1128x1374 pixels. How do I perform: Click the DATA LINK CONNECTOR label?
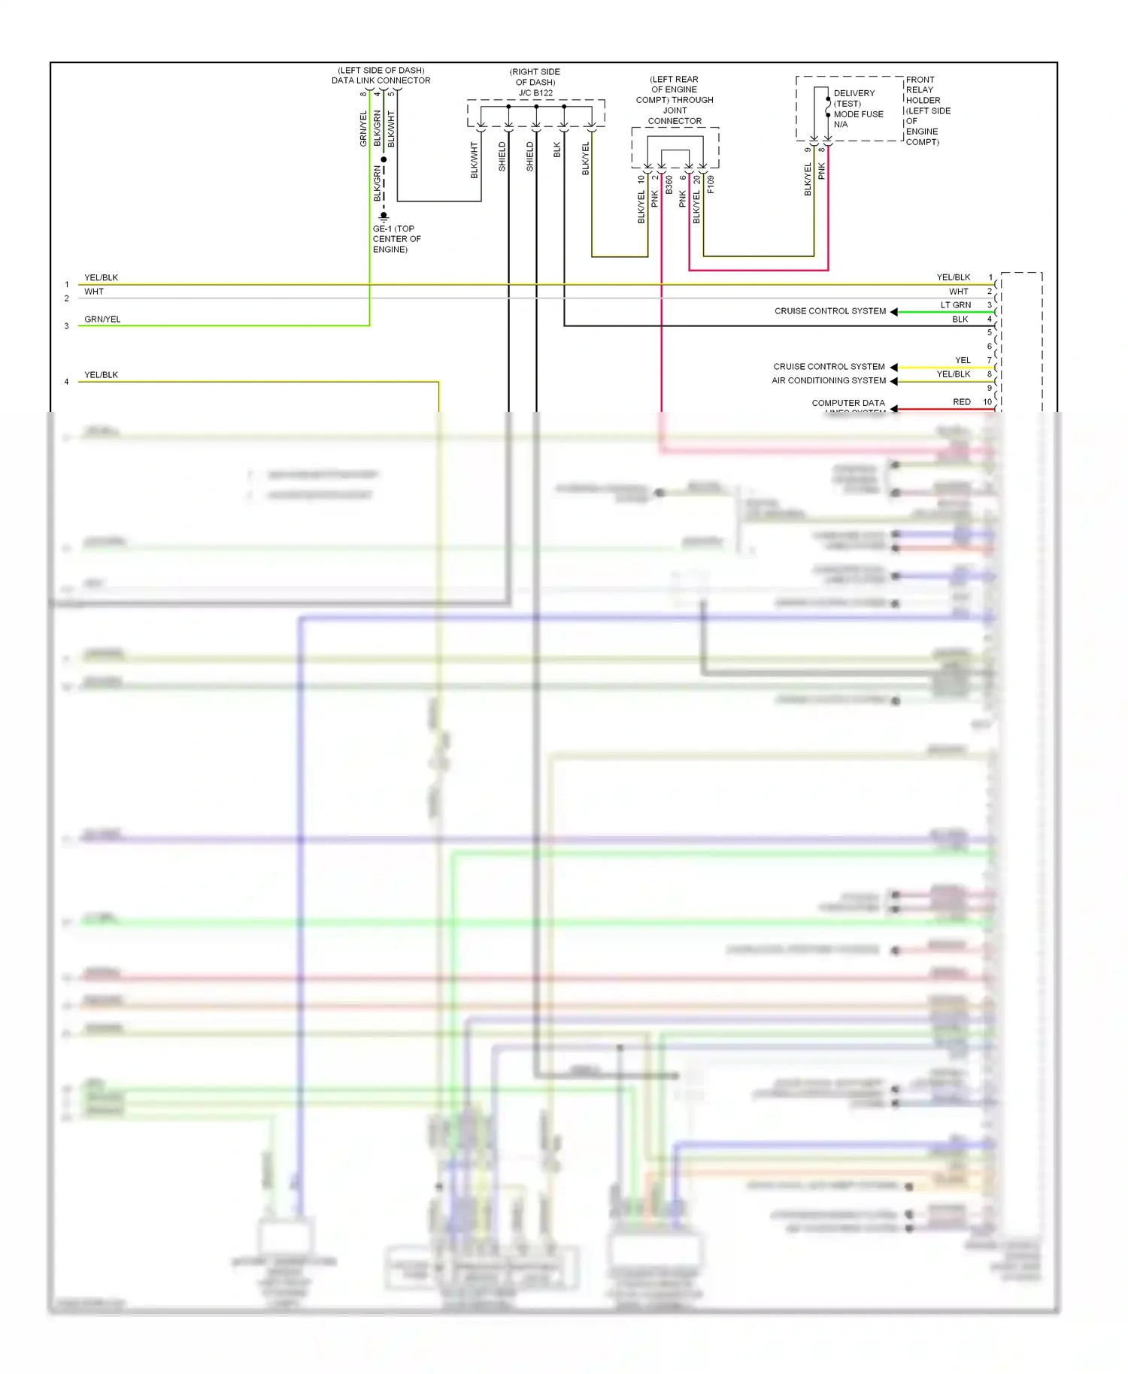381,80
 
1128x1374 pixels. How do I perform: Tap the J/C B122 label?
535,93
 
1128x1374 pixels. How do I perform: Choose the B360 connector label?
669,186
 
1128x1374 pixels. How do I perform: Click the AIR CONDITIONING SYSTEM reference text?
829,380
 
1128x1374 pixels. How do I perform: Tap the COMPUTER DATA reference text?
848,403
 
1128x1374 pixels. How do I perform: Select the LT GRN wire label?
956,305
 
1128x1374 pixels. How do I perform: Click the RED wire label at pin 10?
962,402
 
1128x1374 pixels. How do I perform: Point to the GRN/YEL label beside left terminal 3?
102,319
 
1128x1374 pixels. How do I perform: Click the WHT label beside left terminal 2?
94,292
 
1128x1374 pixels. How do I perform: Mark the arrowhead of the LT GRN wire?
893,312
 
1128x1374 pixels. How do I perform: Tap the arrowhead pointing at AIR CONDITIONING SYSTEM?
893,381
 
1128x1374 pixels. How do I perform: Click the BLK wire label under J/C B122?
557,150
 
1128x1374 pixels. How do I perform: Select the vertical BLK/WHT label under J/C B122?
475,160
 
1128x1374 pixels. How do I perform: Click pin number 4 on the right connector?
990,319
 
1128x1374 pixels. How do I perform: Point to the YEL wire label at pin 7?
963,361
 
